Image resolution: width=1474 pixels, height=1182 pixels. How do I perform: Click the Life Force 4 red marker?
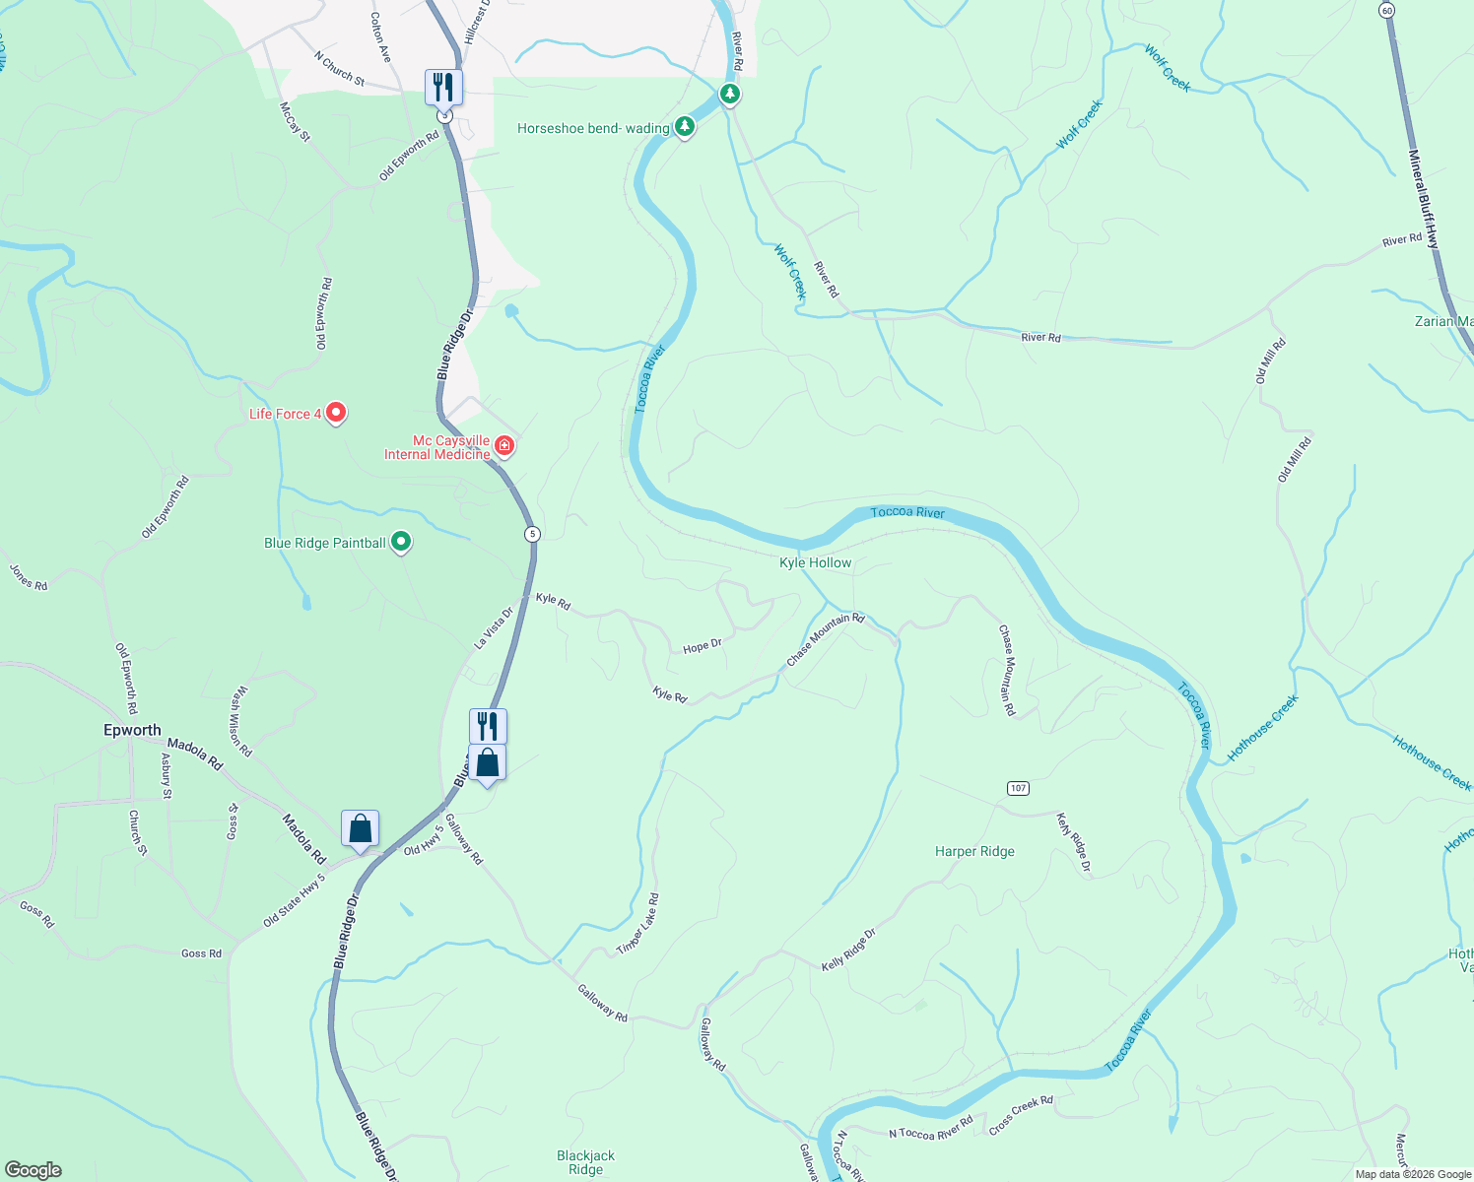coord(336,412)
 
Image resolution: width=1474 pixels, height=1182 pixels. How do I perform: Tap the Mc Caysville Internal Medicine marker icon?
coord(504,446)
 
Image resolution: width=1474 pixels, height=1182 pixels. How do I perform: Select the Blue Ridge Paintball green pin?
coord(401,542)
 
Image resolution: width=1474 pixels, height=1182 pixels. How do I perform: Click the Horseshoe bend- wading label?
coord(593,129)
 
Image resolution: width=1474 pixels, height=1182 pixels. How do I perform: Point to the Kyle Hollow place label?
coord(815,562)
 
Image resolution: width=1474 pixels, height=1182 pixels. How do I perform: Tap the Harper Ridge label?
coord(974,851)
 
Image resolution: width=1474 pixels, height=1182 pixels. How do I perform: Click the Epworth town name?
coord(132,730)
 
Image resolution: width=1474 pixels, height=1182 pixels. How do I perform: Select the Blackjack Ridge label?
coord(585,1162)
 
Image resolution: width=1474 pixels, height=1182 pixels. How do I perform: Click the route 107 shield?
coord(1019,788)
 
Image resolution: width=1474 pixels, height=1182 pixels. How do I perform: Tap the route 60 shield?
coord(1387,10)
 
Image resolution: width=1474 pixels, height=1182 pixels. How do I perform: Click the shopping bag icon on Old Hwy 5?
coord(361,828)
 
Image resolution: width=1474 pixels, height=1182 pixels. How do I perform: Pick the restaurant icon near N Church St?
coord(443,87)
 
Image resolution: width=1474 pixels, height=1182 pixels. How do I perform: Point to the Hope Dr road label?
coord(703,646)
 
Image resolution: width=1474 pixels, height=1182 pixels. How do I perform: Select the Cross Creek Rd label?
coord(1021,1115)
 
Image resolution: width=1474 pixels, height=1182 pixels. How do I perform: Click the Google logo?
coord(33,1170)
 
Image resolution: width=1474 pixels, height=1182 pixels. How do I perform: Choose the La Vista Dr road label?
coord(494,627)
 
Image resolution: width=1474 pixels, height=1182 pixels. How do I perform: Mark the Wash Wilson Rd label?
coord(240,722)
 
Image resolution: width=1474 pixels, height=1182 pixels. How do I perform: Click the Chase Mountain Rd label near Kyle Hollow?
coord(825,639)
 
